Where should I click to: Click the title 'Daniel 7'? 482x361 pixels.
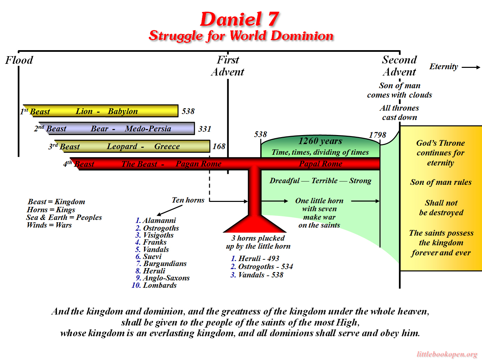point(240,19)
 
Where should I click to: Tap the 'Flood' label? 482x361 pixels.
point(19,60)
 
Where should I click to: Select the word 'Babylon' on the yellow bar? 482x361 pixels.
point(123,111)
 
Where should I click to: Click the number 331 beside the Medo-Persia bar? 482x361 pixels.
point(205,129)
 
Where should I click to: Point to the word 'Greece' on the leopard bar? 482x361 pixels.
point(167,146)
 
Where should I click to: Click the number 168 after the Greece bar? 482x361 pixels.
point(219,146)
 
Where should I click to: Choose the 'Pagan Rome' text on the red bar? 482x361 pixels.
point(198,164)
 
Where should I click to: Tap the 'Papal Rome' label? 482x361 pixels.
point(321,164)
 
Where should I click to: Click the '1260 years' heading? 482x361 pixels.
point(320,141)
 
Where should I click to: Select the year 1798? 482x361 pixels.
point(378,135)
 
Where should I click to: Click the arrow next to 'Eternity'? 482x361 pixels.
point(471,67)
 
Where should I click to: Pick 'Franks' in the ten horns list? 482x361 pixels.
point(155,242)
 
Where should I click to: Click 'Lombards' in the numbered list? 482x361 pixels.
point(160,285)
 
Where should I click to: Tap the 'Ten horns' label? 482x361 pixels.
point(188,200)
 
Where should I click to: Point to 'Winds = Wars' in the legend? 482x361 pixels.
point(49,225)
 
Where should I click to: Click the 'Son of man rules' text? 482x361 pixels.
point(441,182)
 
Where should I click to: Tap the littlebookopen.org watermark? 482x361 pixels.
point(447,354)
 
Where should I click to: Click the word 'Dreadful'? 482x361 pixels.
point(285,181)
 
